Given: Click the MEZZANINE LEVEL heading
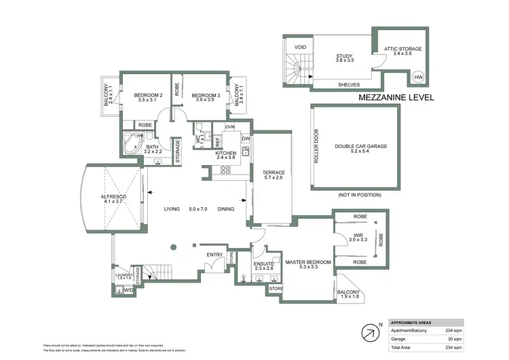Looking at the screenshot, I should click(x=396, y=98).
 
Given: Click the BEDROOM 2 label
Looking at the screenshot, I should click(x=147, y=95).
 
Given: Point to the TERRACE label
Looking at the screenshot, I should click(x=274, y=173).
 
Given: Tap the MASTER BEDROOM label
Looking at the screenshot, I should click(x=307, y=262).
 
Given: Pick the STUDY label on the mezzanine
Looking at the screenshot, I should click(x=346, y=56).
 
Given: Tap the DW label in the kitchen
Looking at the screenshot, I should click(x=246, y=139).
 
